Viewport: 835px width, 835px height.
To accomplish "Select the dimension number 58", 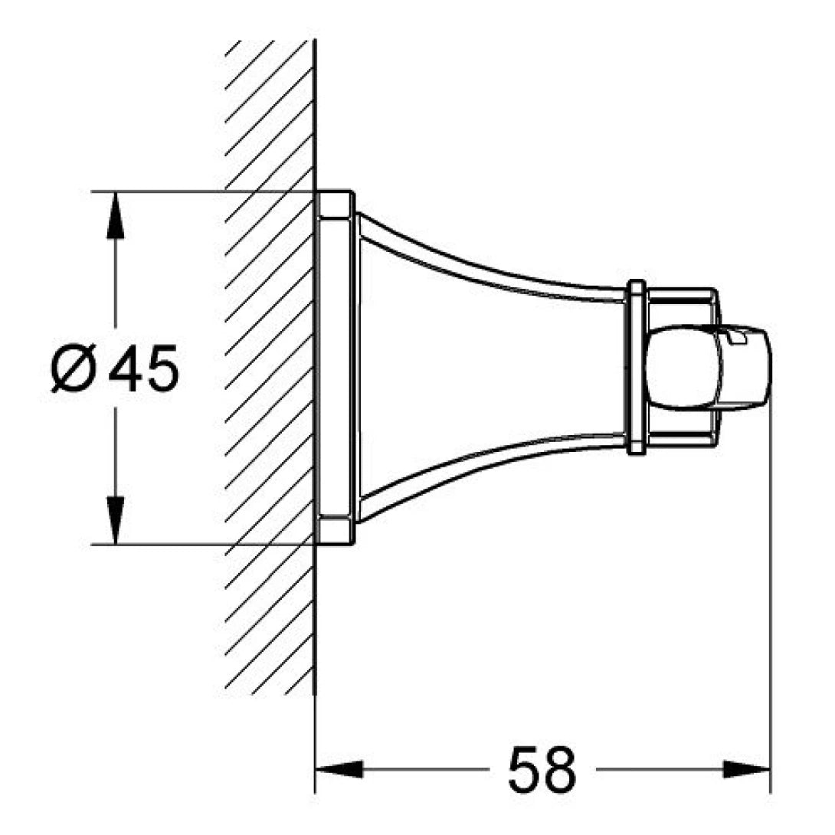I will click(x=541, y=769).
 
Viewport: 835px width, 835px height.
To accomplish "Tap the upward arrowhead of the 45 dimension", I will click(x=115, y=215).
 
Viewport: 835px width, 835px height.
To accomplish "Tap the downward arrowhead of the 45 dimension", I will click(x=115, y=521).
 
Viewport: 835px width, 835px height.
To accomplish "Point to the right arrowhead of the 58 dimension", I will click(x=747, y=768).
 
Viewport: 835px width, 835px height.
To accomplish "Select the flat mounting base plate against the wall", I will click(x=336, y=368).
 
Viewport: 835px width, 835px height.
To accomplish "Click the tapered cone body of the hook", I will click(x=490, y=368).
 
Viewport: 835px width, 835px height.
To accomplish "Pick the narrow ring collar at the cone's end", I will click(x=634, y=368).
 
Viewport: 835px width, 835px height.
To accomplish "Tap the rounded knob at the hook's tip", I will click(x=705, y=368).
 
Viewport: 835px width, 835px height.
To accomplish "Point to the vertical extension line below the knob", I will click(x=770, y=575).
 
